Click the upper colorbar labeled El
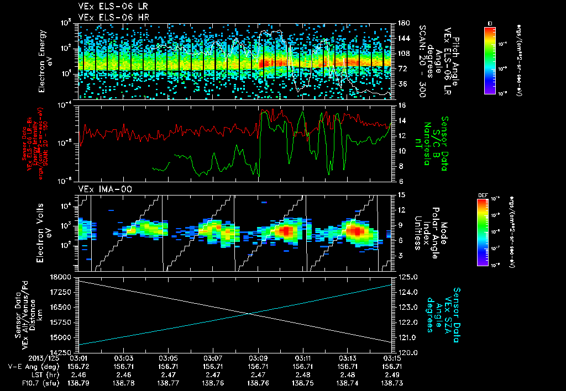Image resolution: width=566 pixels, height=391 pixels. click(x=490, y=60)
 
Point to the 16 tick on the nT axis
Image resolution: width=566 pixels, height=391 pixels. click(x=402, y=105)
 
